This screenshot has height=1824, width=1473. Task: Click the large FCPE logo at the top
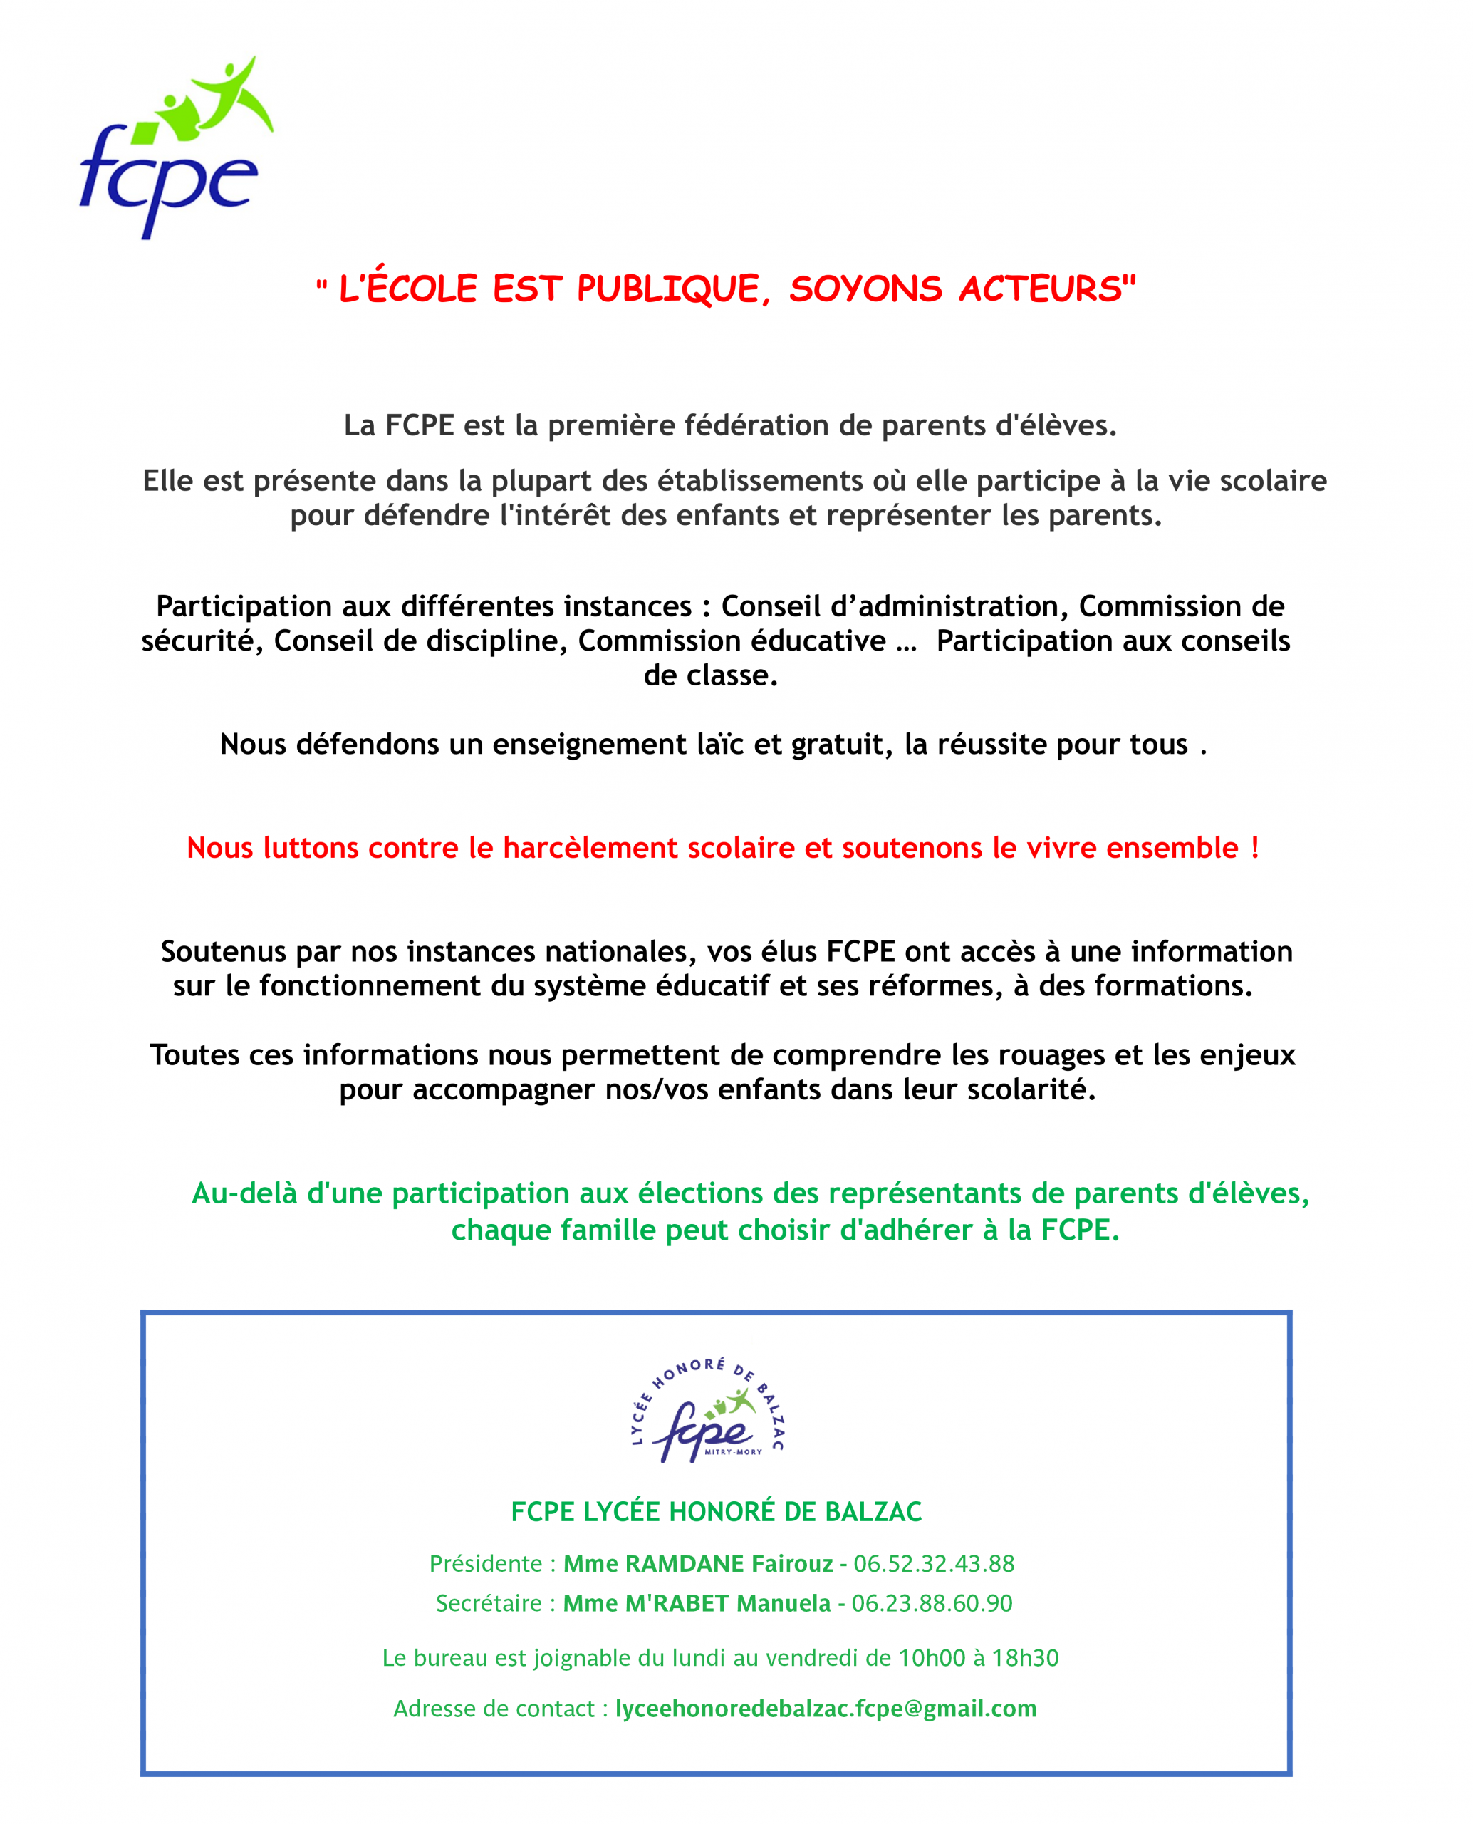click(174, 148)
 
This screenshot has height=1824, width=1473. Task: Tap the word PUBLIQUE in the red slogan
click(669, 289)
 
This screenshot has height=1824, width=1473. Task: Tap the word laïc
click(720, 745)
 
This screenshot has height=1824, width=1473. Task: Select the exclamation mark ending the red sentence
click(1254, 848)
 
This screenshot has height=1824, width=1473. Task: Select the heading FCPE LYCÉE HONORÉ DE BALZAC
click(716, 1512)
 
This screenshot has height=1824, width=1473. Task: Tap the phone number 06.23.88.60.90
click(932, 1603)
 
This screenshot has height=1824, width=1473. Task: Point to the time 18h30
click(1025, 1658)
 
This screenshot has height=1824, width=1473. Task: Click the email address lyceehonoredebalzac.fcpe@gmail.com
click(826, 1709)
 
